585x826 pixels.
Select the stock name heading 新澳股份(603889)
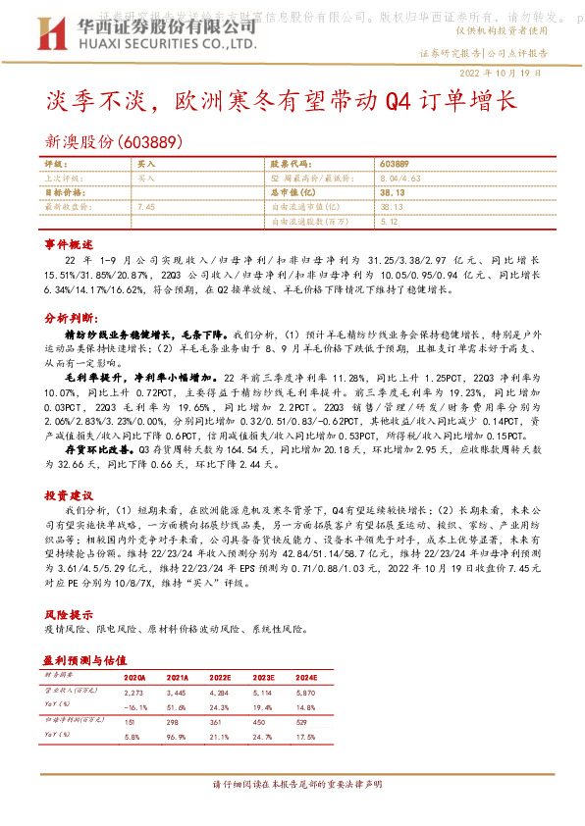[x=115, y=141]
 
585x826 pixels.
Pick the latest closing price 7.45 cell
[x=147, y=207]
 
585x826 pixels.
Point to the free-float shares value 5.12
[x=388, y=222]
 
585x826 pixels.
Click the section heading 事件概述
[x=68, y=242]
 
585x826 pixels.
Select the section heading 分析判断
[x=68, y=319]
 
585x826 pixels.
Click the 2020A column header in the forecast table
[x=134, y=678]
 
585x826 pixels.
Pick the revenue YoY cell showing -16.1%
[x=134, y=705]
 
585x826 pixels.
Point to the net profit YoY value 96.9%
[x=178, y=736]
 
